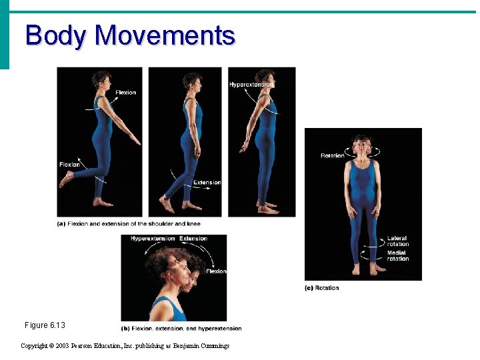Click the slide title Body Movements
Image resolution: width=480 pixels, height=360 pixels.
point(130,35)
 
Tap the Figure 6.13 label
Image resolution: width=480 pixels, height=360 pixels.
point(45,325)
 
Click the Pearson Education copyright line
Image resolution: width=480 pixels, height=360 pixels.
point(125,346)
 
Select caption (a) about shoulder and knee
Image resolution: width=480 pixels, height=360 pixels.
point(129,224)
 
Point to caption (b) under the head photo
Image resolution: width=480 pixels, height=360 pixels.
point(181,329)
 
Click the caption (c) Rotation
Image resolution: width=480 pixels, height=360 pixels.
point(321,288)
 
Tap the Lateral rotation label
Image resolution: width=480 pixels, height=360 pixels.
point(398,241)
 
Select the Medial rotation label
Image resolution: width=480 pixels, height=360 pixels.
point(398,256)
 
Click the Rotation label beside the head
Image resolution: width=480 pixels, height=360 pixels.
point(332,156)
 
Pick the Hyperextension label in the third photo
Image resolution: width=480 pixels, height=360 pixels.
point(251,85)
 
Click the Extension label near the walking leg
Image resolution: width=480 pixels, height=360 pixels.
point(207,183)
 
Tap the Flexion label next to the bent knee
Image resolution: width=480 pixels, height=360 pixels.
point(69,165)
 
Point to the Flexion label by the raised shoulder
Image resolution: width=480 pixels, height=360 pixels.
point(125,93)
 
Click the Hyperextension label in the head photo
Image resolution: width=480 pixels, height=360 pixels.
point(153,239)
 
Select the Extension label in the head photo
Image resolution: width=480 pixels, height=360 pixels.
point(193,239)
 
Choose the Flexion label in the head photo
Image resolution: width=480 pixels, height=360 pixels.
point(215,271)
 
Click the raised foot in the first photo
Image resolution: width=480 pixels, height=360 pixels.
point(66,179)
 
